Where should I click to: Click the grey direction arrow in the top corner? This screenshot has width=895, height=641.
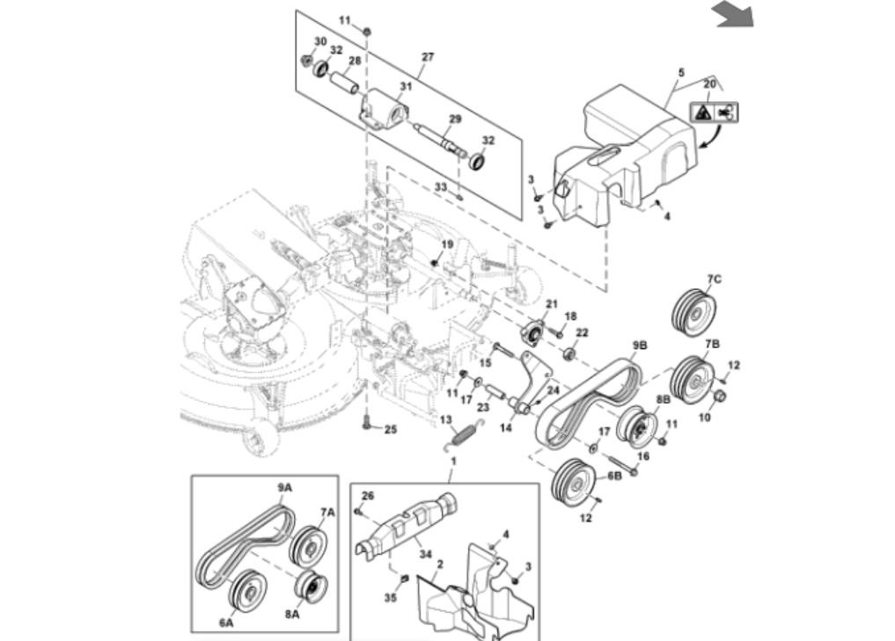[735, 14]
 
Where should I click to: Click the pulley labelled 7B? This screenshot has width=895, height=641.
[692, 379]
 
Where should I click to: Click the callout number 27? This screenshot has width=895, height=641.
[428, 56]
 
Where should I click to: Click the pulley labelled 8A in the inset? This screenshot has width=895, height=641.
[311, 586]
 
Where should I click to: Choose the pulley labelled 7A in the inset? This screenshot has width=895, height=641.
[307, 546]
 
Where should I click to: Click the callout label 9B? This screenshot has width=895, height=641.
[640, 346]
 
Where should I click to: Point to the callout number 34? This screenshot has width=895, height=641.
[425, 554]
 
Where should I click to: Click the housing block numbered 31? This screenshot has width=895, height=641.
[385, 110]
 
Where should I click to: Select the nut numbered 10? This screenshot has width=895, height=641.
[720, 396]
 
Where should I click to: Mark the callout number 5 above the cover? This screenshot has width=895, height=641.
[681, 73]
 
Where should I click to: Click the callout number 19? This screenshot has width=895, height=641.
[447, 244]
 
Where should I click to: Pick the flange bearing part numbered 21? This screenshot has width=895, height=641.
[531, 333]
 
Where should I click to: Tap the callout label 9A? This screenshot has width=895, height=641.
[285, 488]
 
